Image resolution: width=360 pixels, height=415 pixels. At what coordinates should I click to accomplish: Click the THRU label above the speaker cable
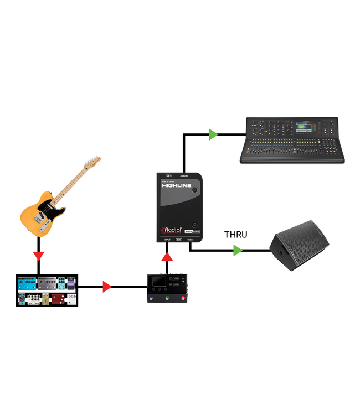235,234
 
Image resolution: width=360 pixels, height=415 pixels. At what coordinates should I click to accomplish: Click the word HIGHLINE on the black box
177,185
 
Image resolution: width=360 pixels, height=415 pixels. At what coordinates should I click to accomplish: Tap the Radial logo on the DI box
171,231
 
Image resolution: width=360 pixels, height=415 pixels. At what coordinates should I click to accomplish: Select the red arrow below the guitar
38,256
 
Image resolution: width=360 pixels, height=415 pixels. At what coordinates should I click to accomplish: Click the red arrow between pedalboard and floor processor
107,287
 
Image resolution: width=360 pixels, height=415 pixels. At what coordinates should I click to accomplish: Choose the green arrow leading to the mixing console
213,134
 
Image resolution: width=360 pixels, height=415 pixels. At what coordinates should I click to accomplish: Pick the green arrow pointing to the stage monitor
238,251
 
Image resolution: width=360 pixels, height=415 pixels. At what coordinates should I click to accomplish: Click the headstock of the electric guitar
92,164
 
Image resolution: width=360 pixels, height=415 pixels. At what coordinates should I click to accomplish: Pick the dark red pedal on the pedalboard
59,299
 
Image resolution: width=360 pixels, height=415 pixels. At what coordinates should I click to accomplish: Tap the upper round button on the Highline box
195,190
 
